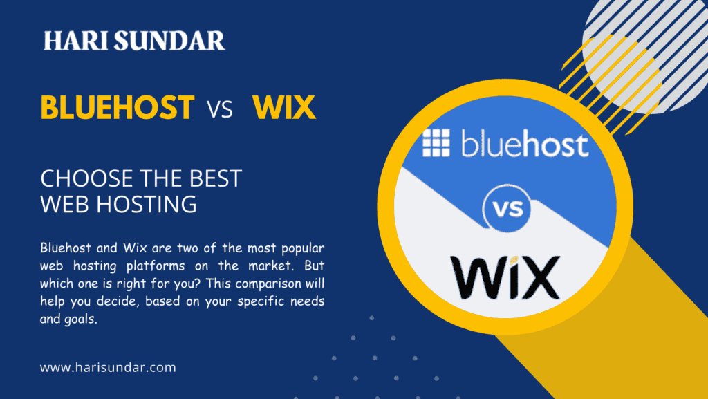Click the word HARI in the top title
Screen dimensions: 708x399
coord(75,41)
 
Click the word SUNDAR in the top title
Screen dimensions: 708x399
coord(169,41)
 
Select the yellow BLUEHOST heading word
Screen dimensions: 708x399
coord(118,107)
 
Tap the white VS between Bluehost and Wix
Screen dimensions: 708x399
coord(220,109)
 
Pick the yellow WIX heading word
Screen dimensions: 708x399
coord(284,107)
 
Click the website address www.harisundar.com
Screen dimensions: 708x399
coord(108,367)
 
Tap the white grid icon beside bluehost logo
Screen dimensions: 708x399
coord(436,143)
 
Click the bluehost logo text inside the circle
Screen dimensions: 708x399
coord(525,145)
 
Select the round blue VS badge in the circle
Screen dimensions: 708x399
coord(507,209)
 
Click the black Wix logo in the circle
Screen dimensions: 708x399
coord(505,277)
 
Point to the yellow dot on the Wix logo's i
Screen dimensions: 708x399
coord(514,260)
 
